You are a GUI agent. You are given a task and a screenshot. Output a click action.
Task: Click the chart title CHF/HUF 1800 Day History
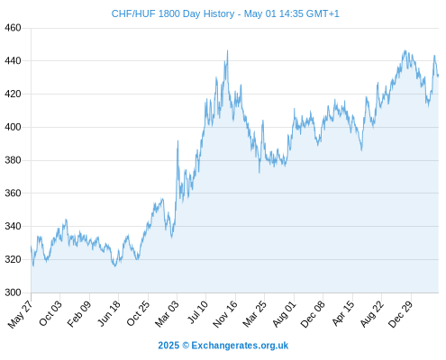(x=173, y=13)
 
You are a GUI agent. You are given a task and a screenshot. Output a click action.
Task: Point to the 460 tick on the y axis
(x=13, y=28)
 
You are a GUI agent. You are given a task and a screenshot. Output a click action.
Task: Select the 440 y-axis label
(x=13, y=61)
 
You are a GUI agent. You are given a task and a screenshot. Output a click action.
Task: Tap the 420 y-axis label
(x=13, y=94)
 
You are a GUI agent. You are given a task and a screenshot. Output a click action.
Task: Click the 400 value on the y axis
(x=13, y=127)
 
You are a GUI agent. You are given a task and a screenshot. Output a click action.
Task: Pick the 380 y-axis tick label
(x=13, y=160)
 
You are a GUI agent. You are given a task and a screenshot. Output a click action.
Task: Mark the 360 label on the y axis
(x=13, y=193)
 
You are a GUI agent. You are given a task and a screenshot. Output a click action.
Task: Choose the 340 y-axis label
(x=13, y=226)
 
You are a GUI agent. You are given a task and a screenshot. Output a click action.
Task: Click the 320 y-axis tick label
(x=13, y=259)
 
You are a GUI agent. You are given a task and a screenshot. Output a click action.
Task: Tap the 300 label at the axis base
(x=13, y=292)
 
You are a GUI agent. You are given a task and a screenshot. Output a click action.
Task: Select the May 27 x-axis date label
(x=21, y=314)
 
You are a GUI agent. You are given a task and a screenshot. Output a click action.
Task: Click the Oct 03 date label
(x=50, y=313)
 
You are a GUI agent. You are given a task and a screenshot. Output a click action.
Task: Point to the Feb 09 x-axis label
(x=78, y=314)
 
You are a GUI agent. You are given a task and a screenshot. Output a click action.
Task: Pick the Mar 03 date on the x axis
(x=167, y=314)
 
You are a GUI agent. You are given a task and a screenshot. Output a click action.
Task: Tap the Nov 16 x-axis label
(x=225, y=314)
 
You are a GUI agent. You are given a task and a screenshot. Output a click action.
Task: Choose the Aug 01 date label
(x=284, y=314)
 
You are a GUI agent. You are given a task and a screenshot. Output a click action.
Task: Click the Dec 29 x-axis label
(x=401, y=314)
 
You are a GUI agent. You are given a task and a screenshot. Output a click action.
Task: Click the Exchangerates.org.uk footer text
(x=240, y=346)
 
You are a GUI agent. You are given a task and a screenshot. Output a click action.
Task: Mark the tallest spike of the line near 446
(x=227, y=50)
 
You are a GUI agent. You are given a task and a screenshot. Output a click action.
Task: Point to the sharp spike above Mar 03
(x=177, y=140)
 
